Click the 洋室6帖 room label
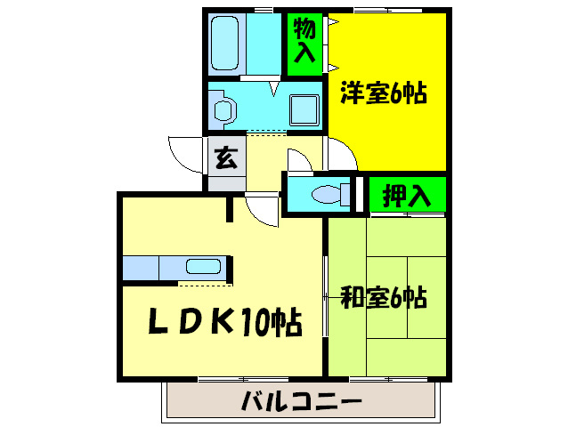[x=383, y=93]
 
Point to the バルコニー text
[x=302, y=402]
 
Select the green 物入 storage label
[x=304, y=41]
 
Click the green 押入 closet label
[x=406, y=195]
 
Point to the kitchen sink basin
[x=204, y=266]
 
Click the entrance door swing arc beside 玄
[x=184, y=153]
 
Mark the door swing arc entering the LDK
[x=264, y=210]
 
